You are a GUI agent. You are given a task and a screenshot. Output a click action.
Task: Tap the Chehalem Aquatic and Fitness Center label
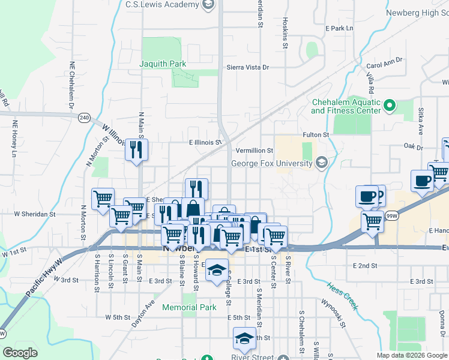[346, 106]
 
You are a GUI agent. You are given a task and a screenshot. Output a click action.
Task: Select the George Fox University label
[273, 163]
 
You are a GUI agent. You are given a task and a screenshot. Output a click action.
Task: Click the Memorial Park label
[192, 307]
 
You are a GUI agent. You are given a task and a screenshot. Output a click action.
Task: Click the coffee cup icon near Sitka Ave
[422, 181]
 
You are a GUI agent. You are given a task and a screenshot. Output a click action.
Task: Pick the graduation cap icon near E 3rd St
[217, 271]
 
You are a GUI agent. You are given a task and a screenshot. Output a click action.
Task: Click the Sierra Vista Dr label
[247, 68]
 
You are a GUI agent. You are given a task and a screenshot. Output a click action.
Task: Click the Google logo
[20, 353]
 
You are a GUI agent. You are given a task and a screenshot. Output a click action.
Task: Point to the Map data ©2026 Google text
[411, 355]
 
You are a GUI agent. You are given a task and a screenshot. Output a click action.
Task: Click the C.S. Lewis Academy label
[162, 5]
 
